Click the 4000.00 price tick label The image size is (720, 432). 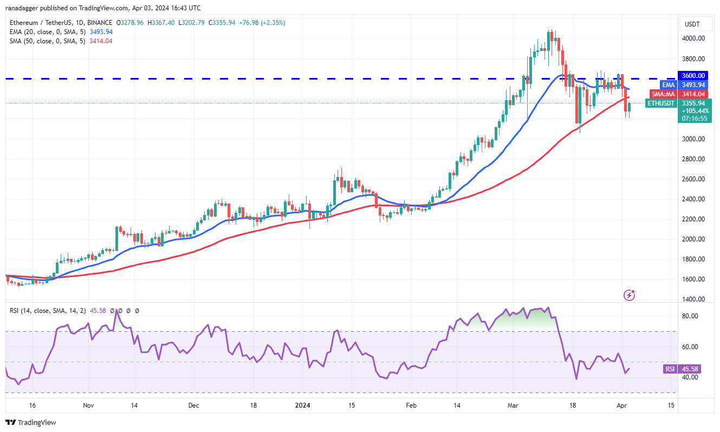pyautogui.click(x=693, y=38)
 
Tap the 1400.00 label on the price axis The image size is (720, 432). pyautogui.click(x=693, y=299)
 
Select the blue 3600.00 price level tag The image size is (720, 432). pyautogui.click(x=693, y=76)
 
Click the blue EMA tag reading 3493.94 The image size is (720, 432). pyautogui.click(x=693, y=85)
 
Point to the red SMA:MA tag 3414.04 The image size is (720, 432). pyautogui.click(x=693, y=94)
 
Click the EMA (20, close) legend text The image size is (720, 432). pyautogui.click(x=46, y=32)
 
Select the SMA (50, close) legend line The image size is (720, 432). pyautogui.click(x=46, y=41)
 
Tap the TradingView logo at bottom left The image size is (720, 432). pyautogui.click(x=31, y=422)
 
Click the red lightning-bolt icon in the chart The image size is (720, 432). pyautogui.click(x=630, y=295)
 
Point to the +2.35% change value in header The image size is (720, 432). pyautogui.click(x=273, y=23)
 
